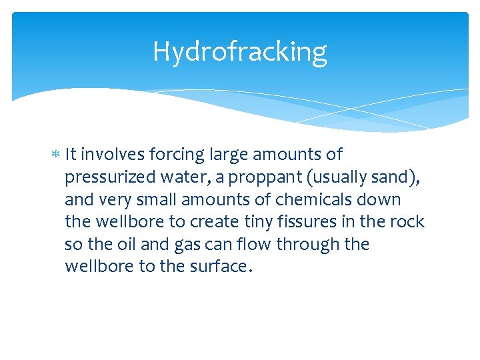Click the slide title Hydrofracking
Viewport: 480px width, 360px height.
239,51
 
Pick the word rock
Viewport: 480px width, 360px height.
409,222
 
